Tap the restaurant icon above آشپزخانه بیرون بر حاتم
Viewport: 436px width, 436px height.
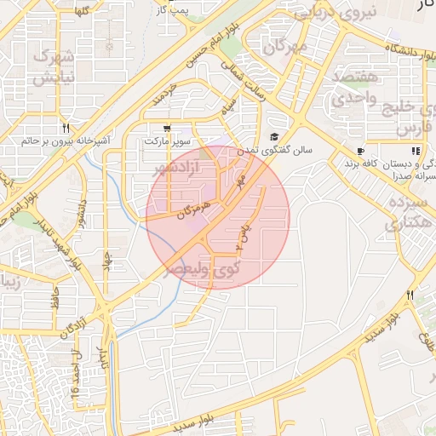[66, 128]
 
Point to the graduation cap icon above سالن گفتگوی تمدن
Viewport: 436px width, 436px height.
[274, 137]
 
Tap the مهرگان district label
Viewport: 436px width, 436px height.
[284, 46]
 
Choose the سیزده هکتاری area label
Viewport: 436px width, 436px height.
[404, 212]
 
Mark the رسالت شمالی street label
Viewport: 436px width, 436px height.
[244, 81]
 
